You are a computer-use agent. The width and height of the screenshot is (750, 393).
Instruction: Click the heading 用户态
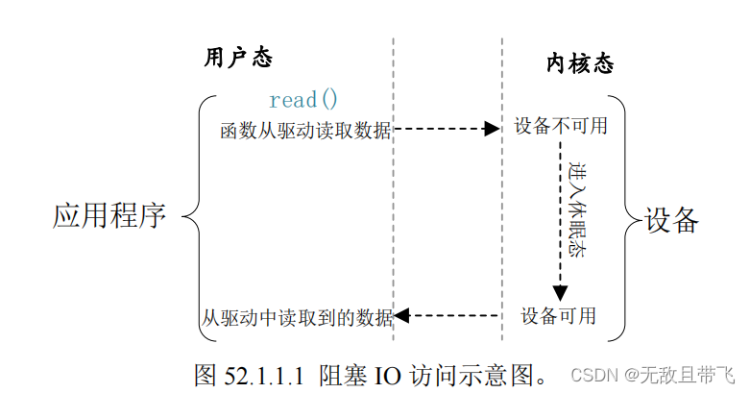[x=238, y=58]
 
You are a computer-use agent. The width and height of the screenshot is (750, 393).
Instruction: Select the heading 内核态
[x=579, y=64]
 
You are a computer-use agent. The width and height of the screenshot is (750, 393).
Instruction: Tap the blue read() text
[x=303, y=99]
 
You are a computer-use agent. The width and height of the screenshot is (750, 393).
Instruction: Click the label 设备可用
[x=558, y=314]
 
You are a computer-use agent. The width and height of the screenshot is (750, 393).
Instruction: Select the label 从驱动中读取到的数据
[x=298, y=316]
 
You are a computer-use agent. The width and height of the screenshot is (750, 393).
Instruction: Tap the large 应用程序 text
[x=109, y=215]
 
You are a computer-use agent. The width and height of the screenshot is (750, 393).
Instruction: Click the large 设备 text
[x=670, y=219]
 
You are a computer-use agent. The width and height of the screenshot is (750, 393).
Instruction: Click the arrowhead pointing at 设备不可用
[x=492, y=129]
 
